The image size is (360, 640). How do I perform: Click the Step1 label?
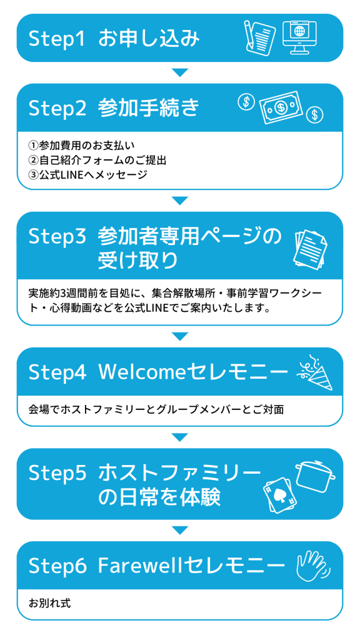tap(57, 39)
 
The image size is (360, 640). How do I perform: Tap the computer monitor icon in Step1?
tap(299, 37)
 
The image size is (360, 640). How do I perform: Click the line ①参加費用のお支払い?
tap(81, 146)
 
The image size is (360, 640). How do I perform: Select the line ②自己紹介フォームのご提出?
tap(97, 161)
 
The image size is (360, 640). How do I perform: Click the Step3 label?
tap(57, 237)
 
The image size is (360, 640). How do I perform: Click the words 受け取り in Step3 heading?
tap(138, 260)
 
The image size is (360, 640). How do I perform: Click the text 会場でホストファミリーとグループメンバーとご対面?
tap(156, 409)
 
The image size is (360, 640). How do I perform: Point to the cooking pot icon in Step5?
tap(315, 474)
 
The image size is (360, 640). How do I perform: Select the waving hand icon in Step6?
tap(314, 566)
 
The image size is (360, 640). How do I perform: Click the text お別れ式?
tap(49, 603)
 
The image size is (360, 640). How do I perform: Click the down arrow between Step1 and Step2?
tap(180, 72)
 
